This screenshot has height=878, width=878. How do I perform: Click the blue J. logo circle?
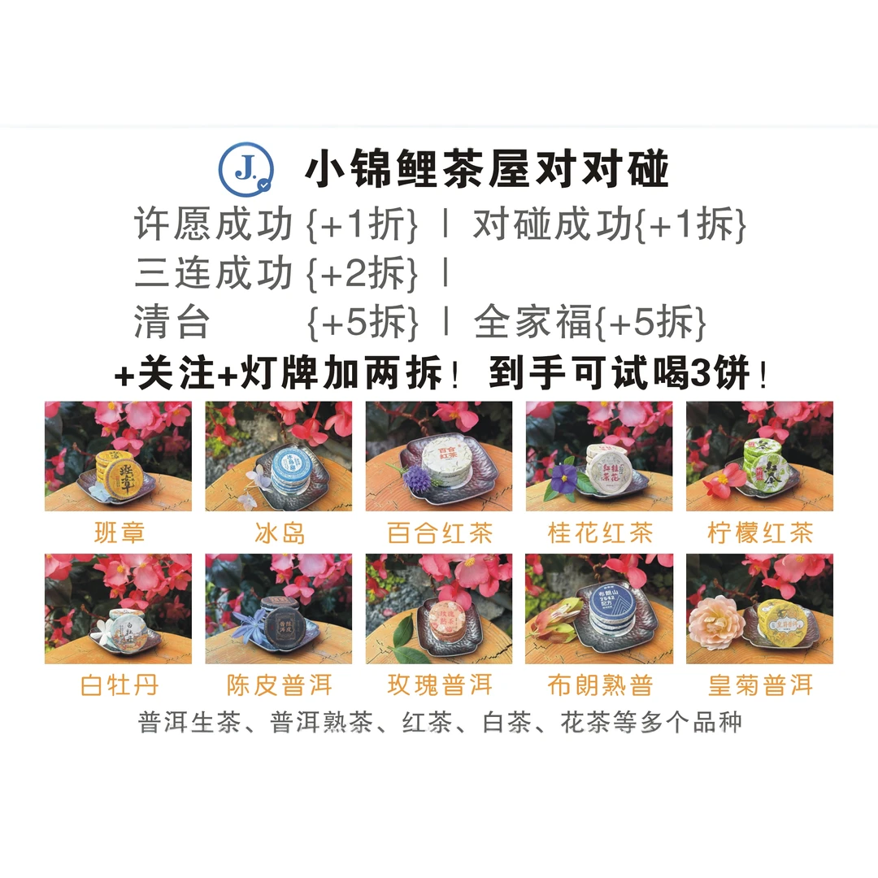coord(246,168)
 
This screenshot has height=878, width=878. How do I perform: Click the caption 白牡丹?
coord(119,685)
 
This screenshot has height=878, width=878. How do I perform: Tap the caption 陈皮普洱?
coord(279,685)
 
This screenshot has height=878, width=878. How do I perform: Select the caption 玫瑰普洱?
coord(439,685)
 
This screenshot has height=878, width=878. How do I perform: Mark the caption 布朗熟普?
coord(599,685)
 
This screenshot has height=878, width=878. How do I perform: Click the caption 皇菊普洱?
coord(759,685)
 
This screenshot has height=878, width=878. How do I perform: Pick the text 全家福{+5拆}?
coord(589,324)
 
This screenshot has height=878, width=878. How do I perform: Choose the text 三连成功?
coord(213,274)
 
